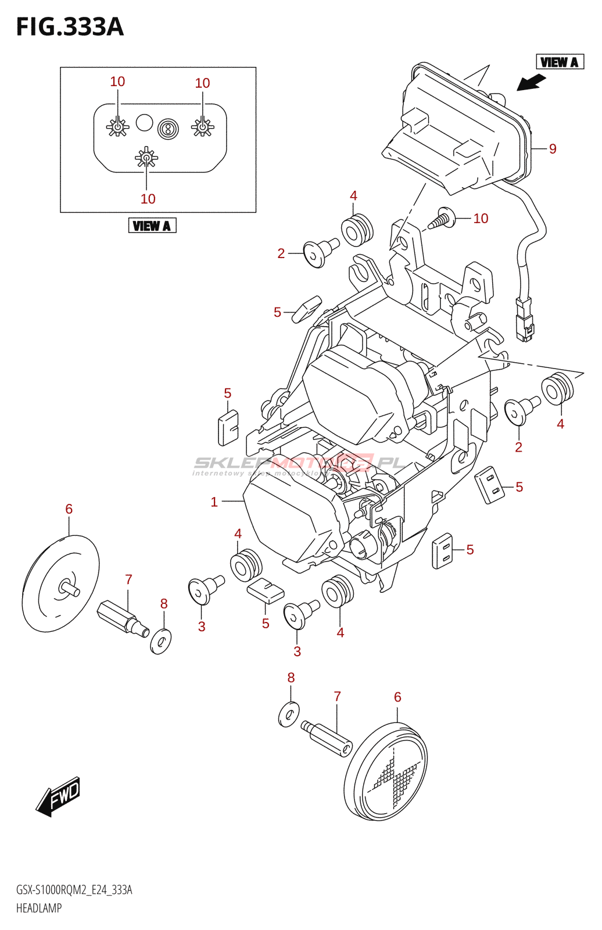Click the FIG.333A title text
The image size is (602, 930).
point(70,27)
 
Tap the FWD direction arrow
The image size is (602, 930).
point(58,796)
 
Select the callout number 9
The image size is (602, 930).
point(553,149)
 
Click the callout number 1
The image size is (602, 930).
point(214,502)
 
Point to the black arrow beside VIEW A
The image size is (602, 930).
point(531,83)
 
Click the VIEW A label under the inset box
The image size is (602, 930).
point(152,226)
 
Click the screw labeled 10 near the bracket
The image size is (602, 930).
point(442,219)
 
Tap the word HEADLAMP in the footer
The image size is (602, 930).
point(39,908)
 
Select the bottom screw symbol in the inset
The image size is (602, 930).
point(146,158)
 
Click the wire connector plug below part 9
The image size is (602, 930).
point(525,319)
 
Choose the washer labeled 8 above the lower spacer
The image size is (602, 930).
point(289,714)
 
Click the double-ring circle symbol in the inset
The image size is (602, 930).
point(169,128)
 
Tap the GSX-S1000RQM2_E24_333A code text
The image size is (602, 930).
point(74,890)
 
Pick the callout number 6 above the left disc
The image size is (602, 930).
point(69,509)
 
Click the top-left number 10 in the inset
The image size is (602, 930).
point(117,82)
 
